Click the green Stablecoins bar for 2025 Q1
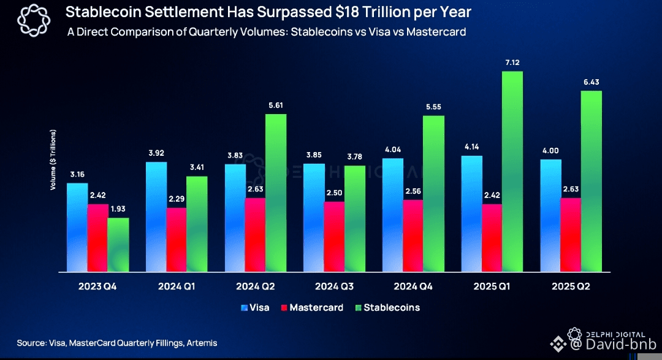512,172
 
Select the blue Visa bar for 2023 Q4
77,227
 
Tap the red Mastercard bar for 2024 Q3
334,236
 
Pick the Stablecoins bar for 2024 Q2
276,193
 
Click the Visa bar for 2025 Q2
550,215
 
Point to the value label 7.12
512,63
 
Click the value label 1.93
118,210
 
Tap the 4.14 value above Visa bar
473,148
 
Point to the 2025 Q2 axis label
571,286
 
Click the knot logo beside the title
31,21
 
